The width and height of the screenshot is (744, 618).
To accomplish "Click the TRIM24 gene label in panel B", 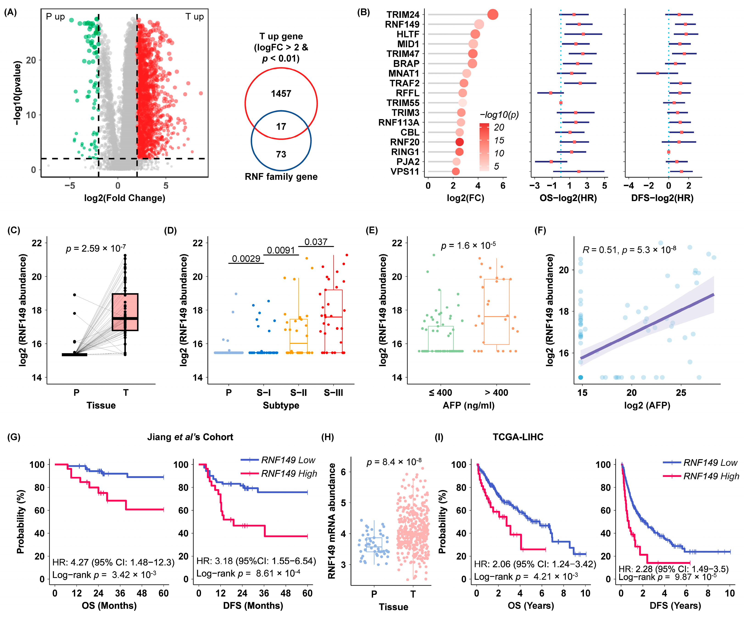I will point(403,14).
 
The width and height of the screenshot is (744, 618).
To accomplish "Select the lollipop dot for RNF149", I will point(479,25).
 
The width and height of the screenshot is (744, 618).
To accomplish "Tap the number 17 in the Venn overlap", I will point(281,126).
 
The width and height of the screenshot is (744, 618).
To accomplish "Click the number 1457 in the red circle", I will point(281,94).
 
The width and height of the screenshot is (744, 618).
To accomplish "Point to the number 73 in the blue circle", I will point(281,154).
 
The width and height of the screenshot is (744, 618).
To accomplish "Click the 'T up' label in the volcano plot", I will point(195,17).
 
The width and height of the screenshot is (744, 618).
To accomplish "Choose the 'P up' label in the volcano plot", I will point(56,17).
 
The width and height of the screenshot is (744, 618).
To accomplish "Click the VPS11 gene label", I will point(405,171).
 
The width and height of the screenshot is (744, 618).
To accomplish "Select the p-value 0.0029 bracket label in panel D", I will point(246,259).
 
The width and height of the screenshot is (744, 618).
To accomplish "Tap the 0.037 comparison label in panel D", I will point(316,242).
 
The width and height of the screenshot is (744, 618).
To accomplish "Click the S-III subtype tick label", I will point(333,393).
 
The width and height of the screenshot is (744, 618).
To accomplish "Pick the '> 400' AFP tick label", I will point(496,393).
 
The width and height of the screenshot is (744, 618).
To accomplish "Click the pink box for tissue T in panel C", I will point(125,312).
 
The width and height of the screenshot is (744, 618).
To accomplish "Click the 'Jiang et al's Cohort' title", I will point(190,437).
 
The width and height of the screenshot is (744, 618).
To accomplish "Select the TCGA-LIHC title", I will point(518,437).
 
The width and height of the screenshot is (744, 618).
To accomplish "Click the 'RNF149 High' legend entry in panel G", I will point(289,474).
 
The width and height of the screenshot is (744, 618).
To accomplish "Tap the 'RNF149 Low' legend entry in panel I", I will point(710,463).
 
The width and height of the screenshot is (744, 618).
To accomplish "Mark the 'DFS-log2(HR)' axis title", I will point(662,198).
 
